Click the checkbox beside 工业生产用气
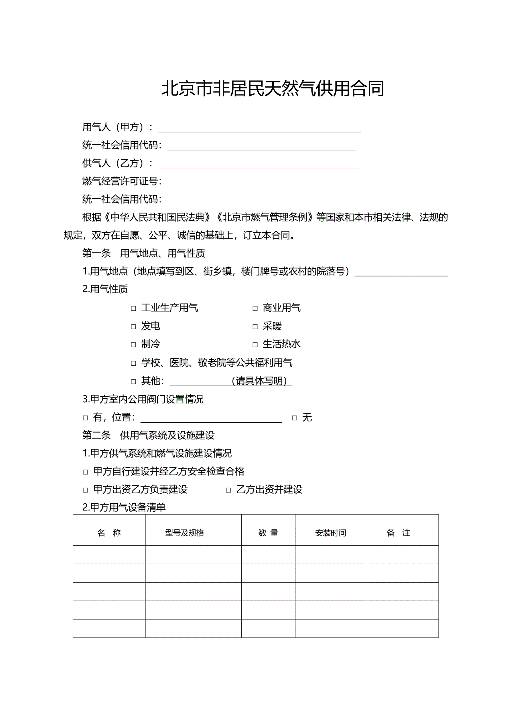(133, 308)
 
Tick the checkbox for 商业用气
(255, 308)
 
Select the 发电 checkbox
(133, 327)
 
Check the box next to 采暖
(255, 327)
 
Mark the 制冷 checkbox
(133, 345)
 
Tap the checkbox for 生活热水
(255, 345)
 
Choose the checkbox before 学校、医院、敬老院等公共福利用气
(133, 363)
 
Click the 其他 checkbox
(133, 381)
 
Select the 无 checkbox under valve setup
(295, 418)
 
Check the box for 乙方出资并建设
(229, 490)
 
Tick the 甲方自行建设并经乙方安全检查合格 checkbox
(85, 472)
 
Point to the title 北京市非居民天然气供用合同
(273, 89)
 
